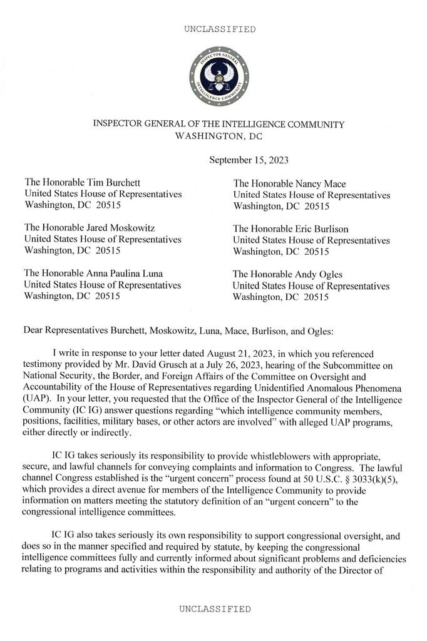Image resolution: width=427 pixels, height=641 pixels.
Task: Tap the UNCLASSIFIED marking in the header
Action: pyautogui.click(x=219, y=29)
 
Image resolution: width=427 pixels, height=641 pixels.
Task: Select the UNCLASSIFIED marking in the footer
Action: pyautogui.click(x=215, y=608)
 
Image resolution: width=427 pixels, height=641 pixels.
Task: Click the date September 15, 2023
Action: pyautogui.click(x=249, y=160)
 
